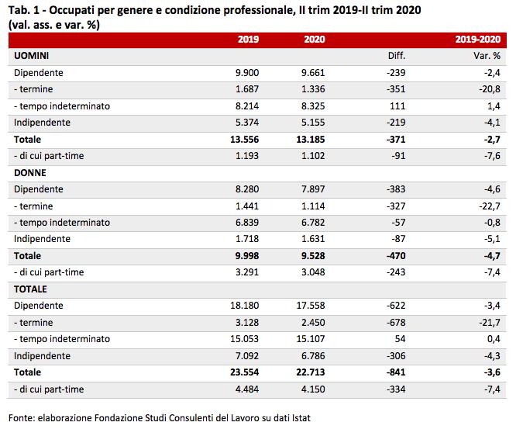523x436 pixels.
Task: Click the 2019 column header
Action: [x=248, y=40]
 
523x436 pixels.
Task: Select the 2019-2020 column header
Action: [x=477, y=40]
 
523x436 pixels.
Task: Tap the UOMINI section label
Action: [x=31, y=56]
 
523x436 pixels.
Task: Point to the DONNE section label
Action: [x=30, y=173]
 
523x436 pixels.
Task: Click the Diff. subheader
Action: [x=397, y=56]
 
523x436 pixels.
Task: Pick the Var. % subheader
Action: [x=487, y=56]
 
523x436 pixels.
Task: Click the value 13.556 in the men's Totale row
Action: [x=245, y=140]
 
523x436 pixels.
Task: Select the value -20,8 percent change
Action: [x=490, y=89]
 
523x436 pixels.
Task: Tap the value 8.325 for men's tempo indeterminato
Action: [x=313, y=106]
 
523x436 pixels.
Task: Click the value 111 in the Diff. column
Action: [x=397, y=106]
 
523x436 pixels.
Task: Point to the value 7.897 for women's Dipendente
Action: [x=313, y=189]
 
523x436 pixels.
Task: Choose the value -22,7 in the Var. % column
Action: [x=490, y=206]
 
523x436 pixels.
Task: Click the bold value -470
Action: [x=396, y=256]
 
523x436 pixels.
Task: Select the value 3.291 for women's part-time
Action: [x=247, y=272]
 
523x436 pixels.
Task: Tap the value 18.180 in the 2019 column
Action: [x=245, y=306]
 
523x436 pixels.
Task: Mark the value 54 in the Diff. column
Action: [x=400, y=339]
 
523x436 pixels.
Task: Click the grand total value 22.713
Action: [x=311, y=372]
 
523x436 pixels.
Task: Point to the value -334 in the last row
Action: [x=396, y=389]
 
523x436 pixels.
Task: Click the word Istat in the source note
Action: [x=301, y=418]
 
